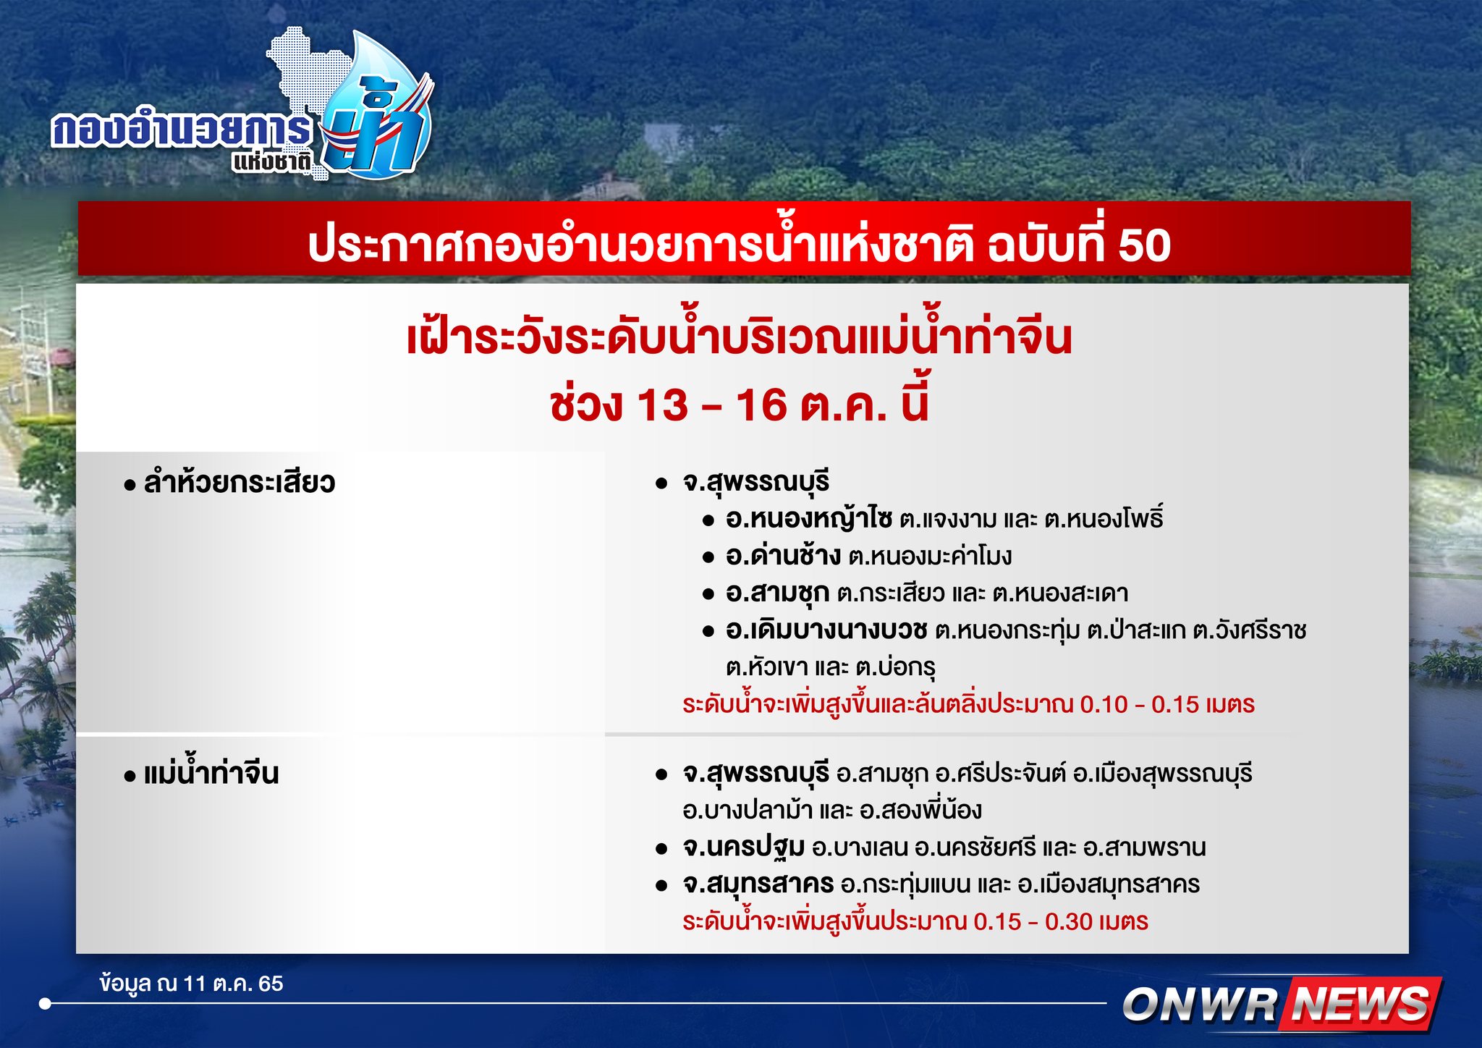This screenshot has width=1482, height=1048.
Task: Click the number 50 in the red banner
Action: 1144,245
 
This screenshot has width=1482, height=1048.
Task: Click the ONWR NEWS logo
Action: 1280,1005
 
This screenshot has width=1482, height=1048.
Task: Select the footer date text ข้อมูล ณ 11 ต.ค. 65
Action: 192,984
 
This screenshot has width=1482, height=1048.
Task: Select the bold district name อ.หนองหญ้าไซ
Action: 809,519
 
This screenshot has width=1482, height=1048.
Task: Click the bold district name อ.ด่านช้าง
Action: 783,556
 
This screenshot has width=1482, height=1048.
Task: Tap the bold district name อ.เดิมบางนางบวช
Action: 826,630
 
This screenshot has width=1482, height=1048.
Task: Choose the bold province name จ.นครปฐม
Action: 743,847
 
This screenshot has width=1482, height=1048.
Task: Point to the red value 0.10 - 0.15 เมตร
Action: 1166,704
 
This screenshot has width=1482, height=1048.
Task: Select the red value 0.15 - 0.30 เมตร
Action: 1060,921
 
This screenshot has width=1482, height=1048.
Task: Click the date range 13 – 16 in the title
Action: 711,405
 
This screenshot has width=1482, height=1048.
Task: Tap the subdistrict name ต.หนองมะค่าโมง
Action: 930,557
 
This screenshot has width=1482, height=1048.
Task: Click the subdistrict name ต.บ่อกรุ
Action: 895,667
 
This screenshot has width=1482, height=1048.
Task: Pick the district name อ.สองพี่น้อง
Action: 920,810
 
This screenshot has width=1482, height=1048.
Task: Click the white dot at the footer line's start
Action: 46,1004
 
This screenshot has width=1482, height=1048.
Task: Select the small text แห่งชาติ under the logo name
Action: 271,161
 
